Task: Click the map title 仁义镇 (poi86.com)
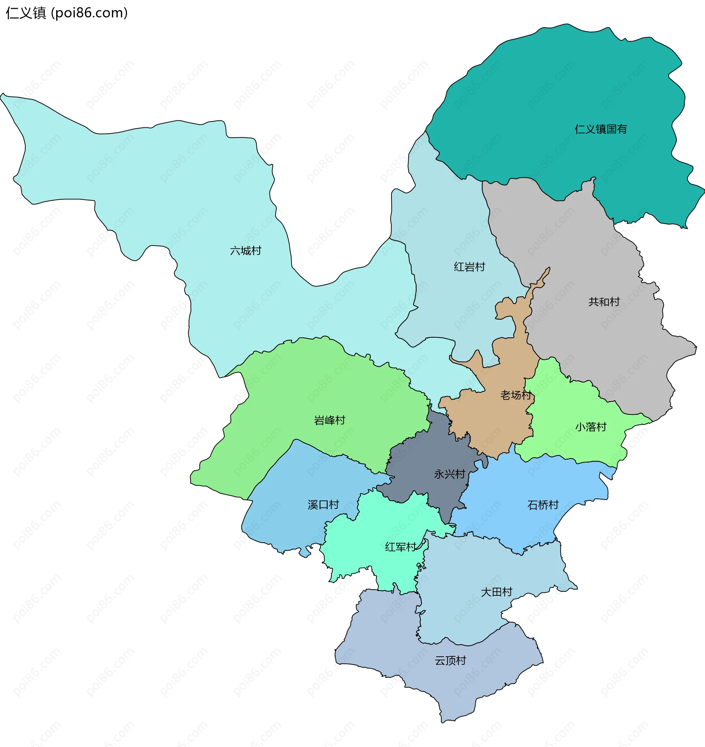coord(67,13)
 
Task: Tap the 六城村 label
coord(245,251)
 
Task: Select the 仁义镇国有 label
coord(600,129)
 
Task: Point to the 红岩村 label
coord(469,267)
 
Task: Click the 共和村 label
coord(604,302)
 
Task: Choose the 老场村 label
coord(516,395)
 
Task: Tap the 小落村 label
coord(591,427)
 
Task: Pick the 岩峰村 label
coord(330,420)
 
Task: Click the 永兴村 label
coord(449,474)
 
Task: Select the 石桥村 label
coord(543,505)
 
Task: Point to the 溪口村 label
coord(323,505)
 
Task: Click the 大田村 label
coord(496,592)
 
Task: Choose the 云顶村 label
coord(450,661)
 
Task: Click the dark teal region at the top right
coord(564,94)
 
